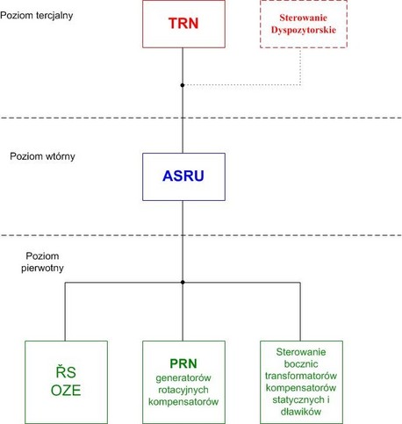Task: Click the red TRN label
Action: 183,24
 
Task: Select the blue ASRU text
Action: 183,176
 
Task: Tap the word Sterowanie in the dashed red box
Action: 303,18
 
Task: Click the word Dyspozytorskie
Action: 304,30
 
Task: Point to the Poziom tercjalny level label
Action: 37,16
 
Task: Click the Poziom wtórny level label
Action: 42,156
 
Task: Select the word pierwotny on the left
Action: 42,268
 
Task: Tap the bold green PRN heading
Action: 183,363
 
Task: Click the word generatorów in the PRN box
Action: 183,377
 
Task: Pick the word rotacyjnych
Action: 183,390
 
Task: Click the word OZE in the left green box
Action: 66,391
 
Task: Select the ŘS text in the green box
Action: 66,371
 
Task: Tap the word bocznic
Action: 301,364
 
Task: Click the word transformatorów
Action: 301,376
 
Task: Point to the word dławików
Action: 301,412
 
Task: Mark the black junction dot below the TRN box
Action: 183,85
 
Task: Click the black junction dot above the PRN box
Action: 183,283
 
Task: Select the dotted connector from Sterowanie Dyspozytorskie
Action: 300,84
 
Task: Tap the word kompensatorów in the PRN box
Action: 183,402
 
